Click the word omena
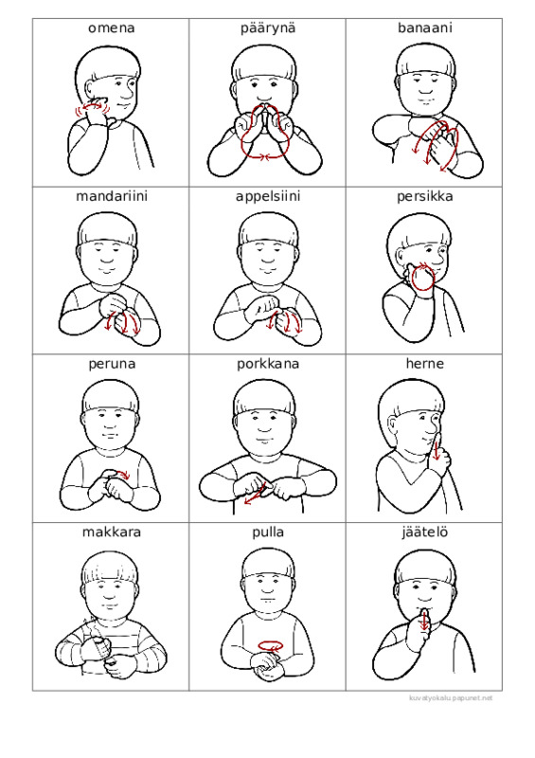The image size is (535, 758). (111, 28)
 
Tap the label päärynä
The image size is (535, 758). (268, 28)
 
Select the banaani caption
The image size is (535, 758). (425, 28)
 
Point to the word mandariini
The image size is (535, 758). (112, 196)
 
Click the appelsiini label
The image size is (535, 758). (268, 197)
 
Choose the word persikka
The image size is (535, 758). (425, 197)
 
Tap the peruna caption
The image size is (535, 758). (112, 365)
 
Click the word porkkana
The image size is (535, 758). (268, 364)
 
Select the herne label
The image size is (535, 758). (425, 364)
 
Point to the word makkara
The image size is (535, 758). (112, 532)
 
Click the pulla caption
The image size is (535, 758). (268, 532)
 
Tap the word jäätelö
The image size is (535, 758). (425, 532)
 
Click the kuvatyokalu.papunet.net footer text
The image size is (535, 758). (451, 698)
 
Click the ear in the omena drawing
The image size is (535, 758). (92, 89)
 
